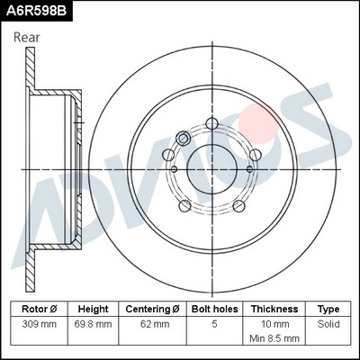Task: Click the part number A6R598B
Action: pyautogui.click(x=35, y=10)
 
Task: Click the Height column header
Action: pyautogui.click(x=94, y=308)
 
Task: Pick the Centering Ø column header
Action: pyautogui.click(x=153, y=308)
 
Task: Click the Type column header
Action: pyautogui.click(x=328, y=308)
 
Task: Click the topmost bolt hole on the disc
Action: pyautogui.click(x=211, y=123)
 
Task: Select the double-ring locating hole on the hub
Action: pyautogui.click(x=183, y=139)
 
